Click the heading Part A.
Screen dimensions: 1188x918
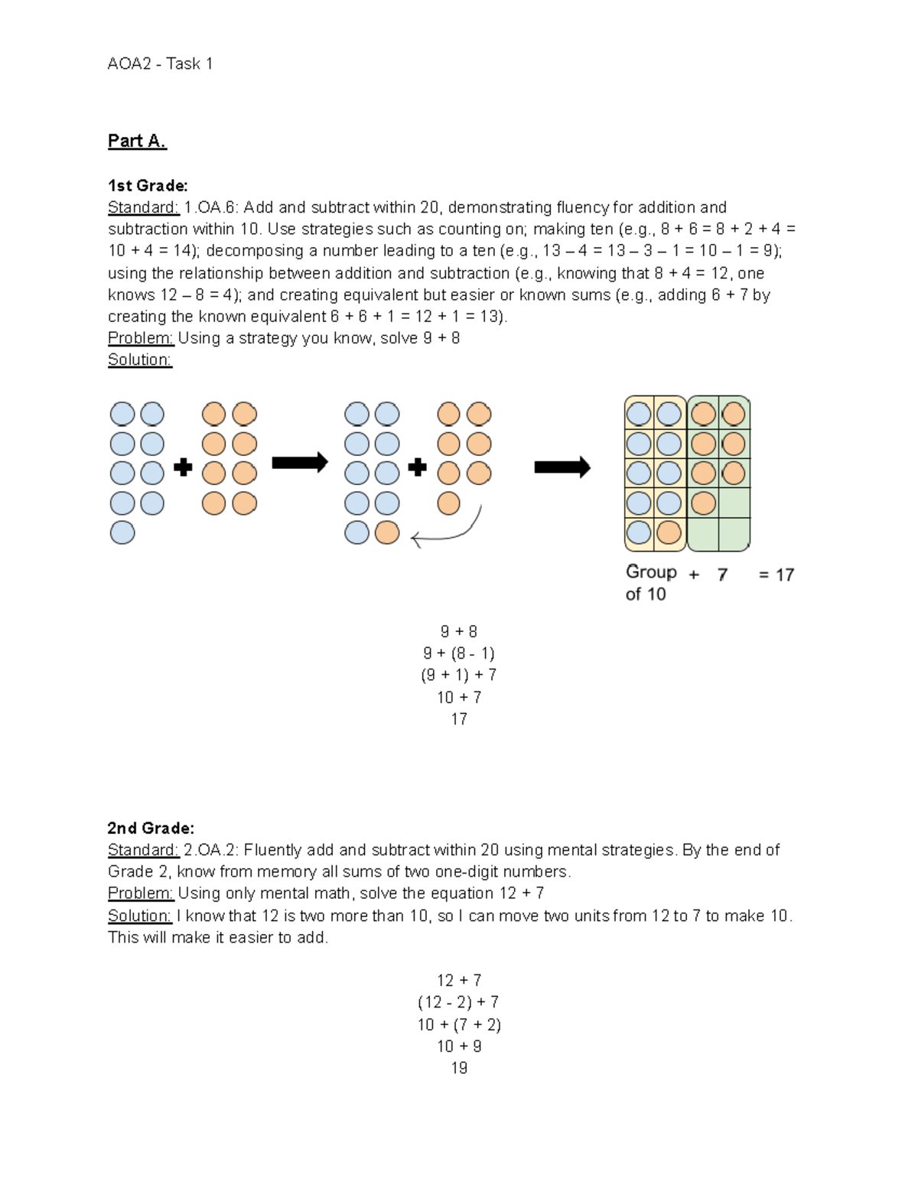coord(137,141)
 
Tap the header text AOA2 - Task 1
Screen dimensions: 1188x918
coord(160,64)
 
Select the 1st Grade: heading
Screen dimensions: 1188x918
coord(148,186)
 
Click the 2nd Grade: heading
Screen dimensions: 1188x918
coord(151,828)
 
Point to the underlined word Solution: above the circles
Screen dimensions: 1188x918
coord(140,360)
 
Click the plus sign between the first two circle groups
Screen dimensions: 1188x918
coord(183,467)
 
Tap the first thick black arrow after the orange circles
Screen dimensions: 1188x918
coord(300,462)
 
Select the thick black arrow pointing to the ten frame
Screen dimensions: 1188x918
coord(562,467)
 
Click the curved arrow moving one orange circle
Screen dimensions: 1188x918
coord(451,532)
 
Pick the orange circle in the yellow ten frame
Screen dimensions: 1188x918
coord(669,532)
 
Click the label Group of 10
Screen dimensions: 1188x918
coord(650,583)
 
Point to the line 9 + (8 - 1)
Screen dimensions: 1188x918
coord(459,653)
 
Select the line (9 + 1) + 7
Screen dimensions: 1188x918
coord(459,675)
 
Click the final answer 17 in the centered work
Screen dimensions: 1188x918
coord(459,719)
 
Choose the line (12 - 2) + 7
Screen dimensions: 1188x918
coord(459,1002)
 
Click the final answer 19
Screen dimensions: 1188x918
coord(459,1068)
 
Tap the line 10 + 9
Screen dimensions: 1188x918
coord(459,1046)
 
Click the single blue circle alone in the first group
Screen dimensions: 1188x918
coord(122,532)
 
